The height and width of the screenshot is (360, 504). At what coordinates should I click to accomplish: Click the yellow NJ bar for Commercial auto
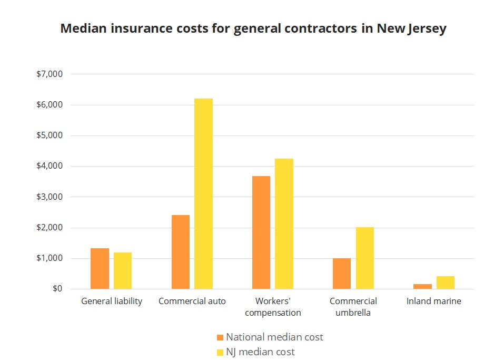203,193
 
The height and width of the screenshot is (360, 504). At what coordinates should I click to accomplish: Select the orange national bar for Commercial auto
180,252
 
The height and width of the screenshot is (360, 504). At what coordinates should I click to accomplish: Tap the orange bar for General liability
100,268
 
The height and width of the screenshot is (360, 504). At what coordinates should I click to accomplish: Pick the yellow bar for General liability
123,270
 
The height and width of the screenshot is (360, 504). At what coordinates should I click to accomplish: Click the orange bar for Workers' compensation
261,232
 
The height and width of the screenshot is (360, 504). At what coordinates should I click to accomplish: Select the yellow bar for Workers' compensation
284,223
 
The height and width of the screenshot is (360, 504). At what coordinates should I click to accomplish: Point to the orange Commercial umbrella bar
341,274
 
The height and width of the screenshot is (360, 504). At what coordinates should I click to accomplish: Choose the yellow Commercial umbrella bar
364,258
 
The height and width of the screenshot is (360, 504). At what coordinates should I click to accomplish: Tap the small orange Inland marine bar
422,286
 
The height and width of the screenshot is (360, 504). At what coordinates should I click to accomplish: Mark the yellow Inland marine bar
446,283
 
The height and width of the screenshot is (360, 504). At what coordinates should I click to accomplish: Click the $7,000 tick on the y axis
50,74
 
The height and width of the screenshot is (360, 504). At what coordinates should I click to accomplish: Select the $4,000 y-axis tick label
50,167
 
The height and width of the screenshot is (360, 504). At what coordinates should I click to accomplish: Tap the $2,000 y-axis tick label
50,228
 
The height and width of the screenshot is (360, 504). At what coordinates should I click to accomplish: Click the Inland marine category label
433,301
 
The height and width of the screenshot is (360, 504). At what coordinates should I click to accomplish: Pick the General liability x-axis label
112,301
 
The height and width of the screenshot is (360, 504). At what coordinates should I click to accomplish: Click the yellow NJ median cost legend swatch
220,352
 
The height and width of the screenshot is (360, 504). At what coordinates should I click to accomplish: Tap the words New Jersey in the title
411,28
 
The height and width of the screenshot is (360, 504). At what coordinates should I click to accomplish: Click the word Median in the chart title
83,28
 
